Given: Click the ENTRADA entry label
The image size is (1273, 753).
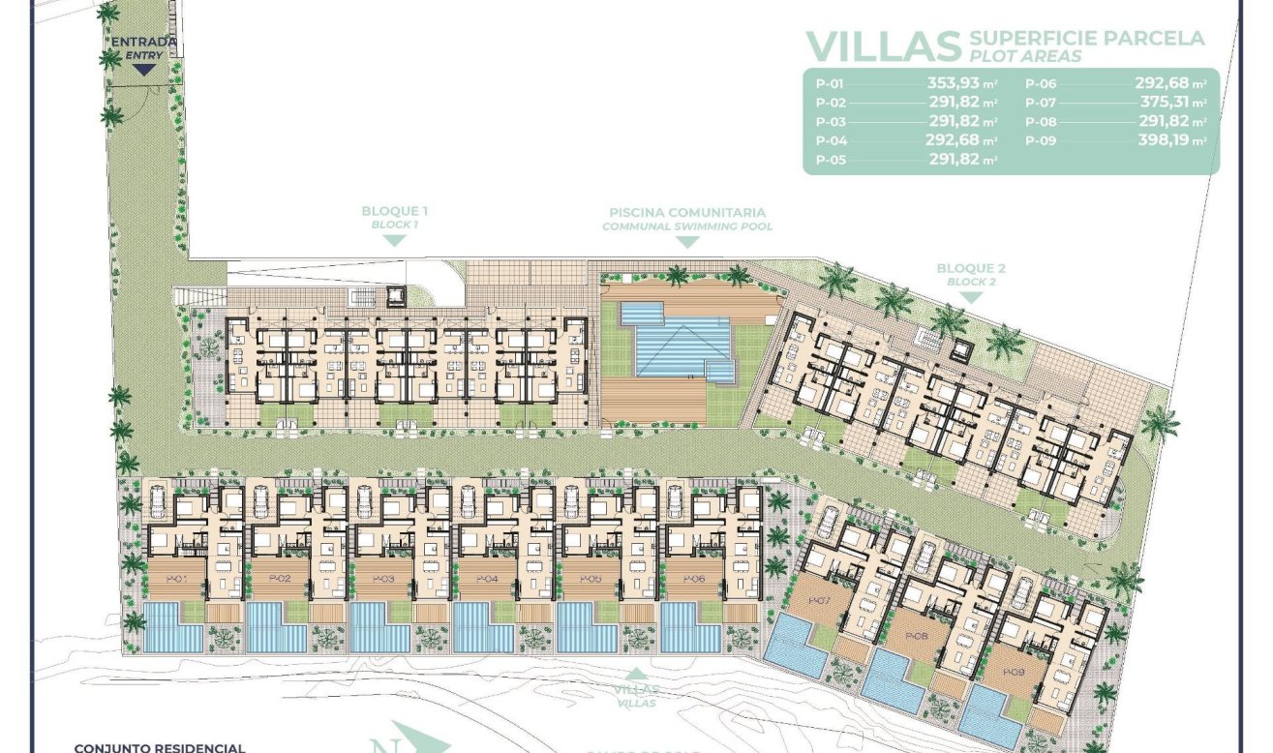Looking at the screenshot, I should click(x=145, y=42).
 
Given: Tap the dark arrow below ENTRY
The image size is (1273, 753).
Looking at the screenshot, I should click(x=145, y=68).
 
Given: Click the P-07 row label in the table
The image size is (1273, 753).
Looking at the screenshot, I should click(x=1041, y=103).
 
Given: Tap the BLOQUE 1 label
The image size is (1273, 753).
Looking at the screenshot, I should click(x=394, y=211).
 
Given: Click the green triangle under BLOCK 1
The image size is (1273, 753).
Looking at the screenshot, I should click(x=394, y=240).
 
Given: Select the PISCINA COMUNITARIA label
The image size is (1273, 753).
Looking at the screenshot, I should click(x=687, y=212).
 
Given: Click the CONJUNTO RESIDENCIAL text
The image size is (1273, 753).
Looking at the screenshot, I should click(x=159, y=746).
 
